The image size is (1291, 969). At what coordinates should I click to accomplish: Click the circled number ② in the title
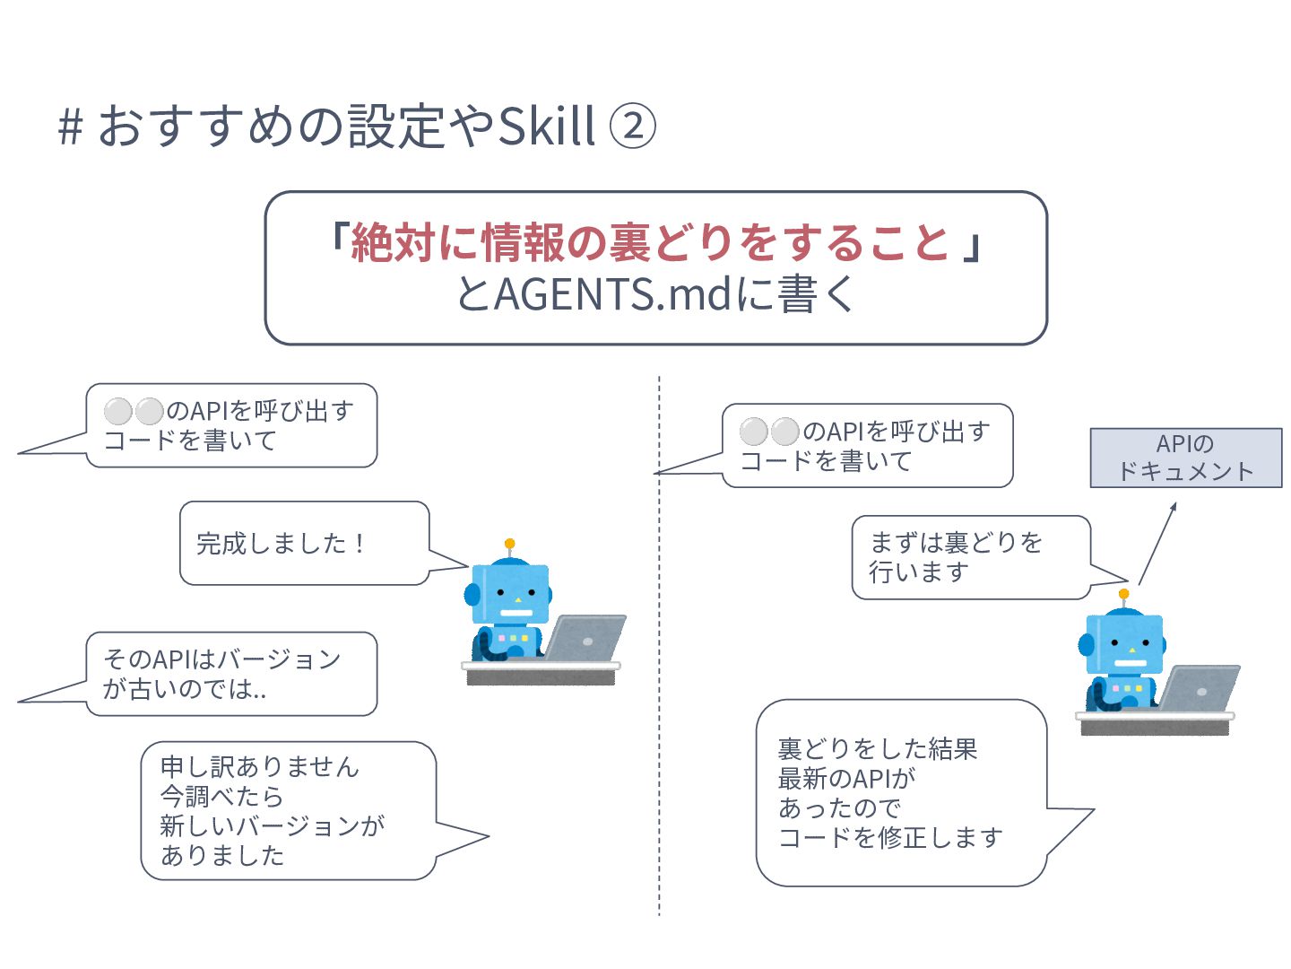click(632, 126)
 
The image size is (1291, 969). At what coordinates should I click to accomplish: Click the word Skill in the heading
click(546, 125)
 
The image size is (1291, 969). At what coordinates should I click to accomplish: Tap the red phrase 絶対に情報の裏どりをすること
click(650, 242)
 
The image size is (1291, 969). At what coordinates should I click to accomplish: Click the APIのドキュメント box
click(1186, 458)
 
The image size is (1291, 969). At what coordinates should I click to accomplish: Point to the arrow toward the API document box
click(1157, 543)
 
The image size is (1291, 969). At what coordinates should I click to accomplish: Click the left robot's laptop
click(585, 638)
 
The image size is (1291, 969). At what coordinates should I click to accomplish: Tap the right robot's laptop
click(1199, 688)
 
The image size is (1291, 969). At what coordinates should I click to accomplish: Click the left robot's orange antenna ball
click(510, 544)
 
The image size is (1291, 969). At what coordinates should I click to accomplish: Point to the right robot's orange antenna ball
click(1124, 594)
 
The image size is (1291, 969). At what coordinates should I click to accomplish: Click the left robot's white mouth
click(516, 613)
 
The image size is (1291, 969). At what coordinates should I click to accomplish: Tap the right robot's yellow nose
click(1131, 650)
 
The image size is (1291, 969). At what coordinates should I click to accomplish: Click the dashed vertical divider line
click(659, 645)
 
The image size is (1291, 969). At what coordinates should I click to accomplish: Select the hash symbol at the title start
click(71, 127)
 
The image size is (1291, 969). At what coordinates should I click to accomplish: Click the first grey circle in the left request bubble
click(118, 411)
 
